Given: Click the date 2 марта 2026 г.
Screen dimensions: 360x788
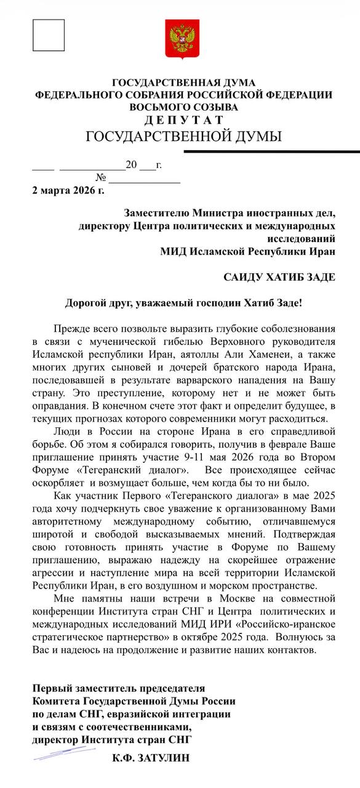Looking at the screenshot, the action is (68, 190).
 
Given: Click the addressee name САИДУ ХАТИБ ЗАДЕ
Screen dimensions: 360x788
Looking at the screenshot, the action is (279, 277).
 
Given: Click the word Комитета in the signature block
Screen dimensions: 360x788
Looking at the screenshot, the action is (55, 701).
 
